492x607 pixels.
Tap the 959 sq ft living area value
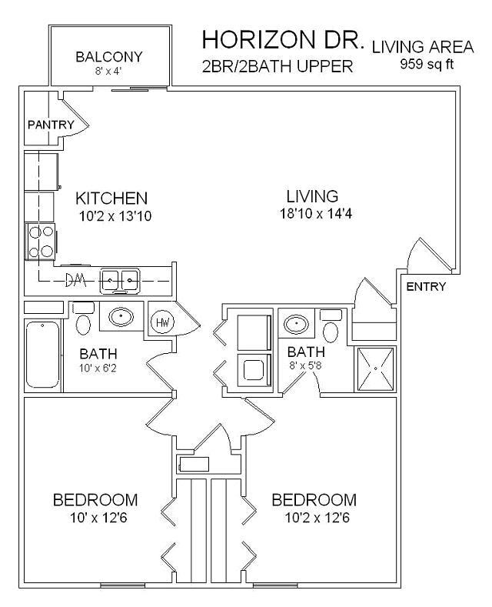point(427,64)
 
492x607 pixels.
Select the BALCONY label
point(108,57)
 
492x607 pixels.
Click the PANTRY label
point(51,125)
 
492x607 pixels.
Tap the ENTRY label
point(425,287)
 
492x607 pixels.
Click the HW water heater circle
point(164,322)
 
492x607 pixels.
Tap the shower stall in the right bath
point(375,369)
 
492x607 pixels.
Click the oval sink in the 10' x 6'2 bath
point(120,316)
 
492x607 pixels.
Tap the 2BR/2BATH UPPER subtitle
point(277,67)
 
